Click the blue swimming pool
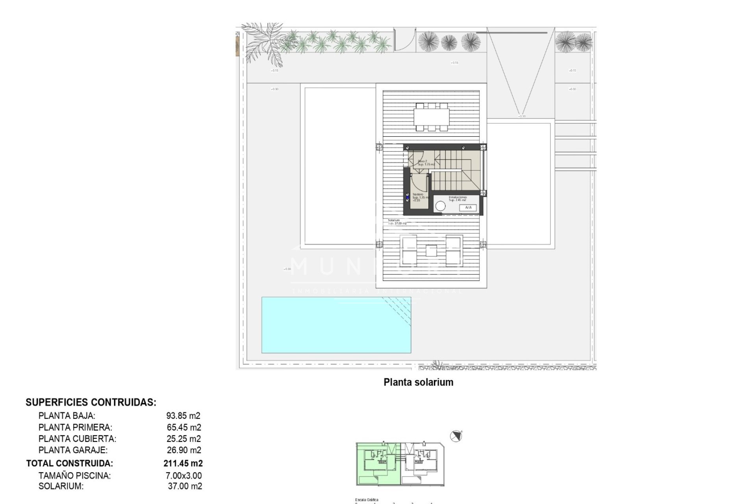[336, 325]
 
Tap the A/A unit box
[468, 208]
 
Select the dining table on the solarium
[431, 117]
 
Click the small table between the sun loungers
[431, 251]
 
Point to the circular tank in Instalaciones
[440, 206]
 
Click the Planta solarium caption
[418, 382]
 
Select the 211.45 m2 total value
[183, 463]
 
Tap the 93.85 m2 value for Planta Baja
[183, 416]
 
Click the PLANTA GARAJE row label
[73, 450]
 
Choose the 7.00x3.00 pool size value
[183, 476]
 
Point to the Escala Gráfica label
[367, 500]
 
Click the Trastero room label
[418, 195]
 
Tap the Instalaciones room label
[458, 197]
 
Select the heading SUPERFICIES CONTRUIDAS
[91, 402]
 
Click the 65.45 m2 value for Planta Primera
[184, 427]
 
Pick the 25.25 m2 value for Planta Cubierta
[183, 439]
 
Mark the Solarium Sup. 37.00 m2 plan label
[397, 222]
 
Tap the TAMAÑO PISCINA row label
[74, 476]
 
